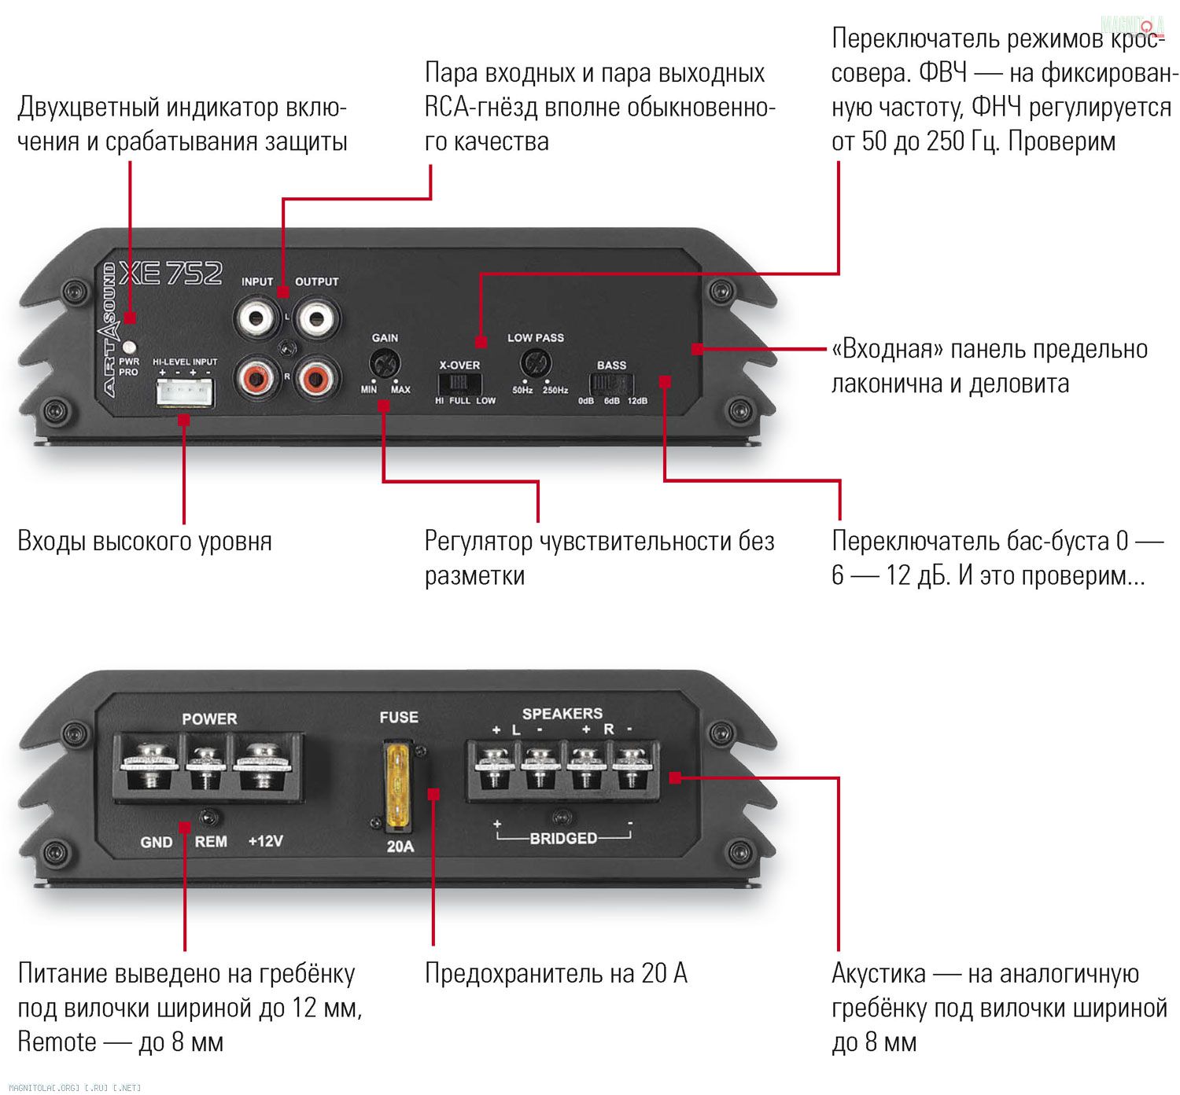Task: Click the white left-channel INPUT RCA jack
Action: (256, 318)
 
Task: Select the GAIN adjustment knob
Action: (385, 364)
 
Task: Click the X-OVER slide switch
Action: (459, 384)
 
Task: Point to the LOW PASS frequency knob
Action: (536, 365)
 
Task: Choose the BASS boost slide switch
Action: (611, 384)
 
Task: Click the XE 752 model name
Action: (171, 274)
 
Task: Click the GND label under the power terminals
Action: (157, 842)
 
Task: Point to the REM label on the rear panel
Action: (211, 841)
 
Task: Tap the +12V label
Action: (265, 841)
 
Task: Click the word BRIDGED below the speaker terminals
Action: (563, 839)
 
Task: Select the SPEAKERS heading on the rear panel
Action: (562, 714)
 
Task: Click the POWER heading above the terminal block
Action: (209, 718)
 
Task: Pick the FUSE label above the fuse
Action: (399, 717)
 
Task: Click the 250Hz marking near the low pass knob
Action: (555, 390)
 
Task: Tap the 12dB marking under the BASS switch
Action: (637, 401)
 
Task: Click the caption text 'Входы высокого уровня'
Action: (145, 541)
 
